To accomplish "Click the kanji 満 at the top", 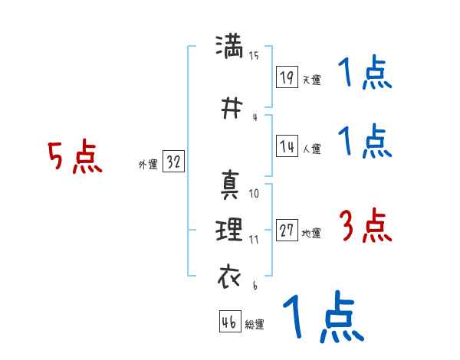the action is pyautogui.click(x=229, y=46).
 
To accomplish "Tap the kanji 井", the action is pyautogui.click(x=229, y=106).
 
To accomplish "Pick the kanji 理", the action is pyautogui.click(x=229, y=229).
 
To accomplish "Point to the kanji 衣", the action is pyautogui.click(x=229, y=275).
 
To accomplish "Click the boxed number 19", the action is pyautogui.click(x=287, y=77).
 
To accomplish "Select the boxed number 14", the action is pyautogui.click(x=287, y=146).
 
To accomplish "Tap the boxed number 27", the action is pyautogui.click(x=287, y=231).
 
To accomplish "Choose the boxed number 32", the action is pyautogui.click(x=173, y=162).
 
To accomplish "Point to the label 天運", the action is pyautogui.click(x=311, y=80).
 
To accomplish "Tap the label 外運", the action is pyautogui.click(x=147, y=164).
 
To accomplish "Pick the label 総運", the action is pyautogui.click(x=255, y=325).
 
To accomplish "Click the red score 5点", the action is pyautogui.click(x=74, y=157).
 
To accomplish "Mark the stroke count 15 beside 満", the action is pyautogui.click(x=254, y=55).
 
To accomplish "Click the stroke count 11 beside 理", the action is pyautogui.click(x=254, y=239).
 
